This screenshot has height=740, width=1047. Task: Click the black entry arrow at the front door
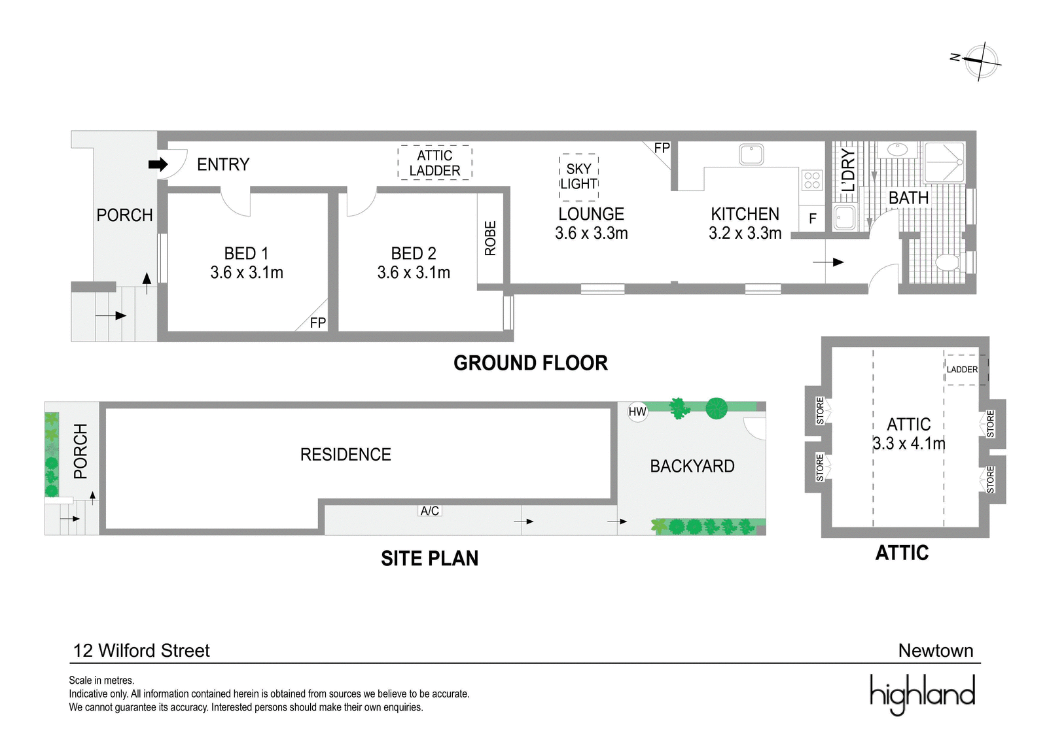click(x=158, y=164)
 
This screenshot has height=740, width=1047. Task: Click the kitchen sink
click(x=751, y=154)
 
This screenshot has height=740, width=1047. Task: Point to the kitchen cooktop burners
click(x=812, y=180)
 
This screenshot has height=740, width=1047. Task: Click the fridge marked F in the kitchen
click(x=812, y=219)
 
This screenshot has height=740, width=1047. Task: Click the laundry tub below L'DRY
click(x=845, y=217)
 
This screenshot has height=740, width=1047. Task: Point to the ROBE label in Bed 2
click(x=490, y=238)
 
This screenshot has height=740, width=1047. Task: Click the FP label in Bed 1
click(x=318, y=323)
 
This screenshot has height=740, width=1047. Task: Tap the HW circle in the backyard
click(x=637, y=412)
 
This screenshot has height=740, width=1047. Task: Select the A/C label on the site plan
click(x=429, y=511)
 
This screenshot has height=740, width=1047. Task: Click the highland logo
click(x=922, y=694)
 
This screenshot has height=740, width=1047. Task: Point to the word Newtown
click(x=936, y=651)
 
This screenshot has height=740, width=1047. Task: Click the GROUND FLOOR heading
click(x=531, y=363)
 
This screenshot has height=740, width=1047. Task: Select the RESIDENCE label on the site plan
click(x=346, y=454)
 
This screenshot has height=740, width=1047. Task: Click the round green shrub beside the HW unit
click(x=716, y=408)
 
